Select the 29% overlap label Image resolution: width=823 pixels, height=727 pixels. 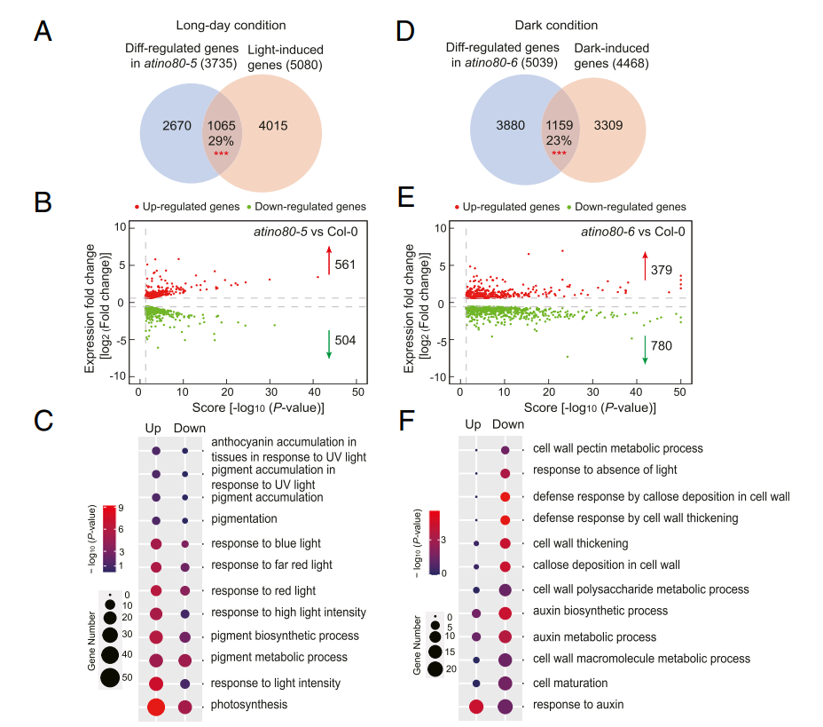pyautogui.click(x=221, y=140)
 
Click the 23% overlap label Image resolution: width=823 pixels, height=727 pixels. pyautogui.click(x=560, y=139)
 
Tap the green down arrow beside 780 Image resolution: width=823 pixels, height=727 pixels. pyautogui.click(x=645, y=347)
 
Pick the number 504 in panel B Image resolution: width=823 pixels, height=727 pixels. pyautogui.click(x=347, y=341)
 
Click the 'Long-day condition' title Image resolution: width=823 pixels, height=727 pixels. pyautogui.click(x=229, y=26)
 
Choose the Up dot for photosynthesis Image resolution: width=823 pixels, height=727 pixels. pyautogui.click(x=156, y=707)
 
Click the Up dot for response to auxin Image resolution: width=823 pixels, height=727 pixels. pyautogui.click(x=476, y=707)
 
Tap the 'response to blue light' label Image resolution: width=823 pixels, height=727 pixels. pyautogui.click(x=266, y=543)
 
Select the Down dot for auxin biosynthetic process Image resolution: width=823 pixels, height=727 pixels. pyautogui.click(x=505, y=612)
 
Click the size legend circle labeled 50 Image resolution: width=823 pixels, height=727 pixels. pyautogui.click(x=110, y=677)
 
